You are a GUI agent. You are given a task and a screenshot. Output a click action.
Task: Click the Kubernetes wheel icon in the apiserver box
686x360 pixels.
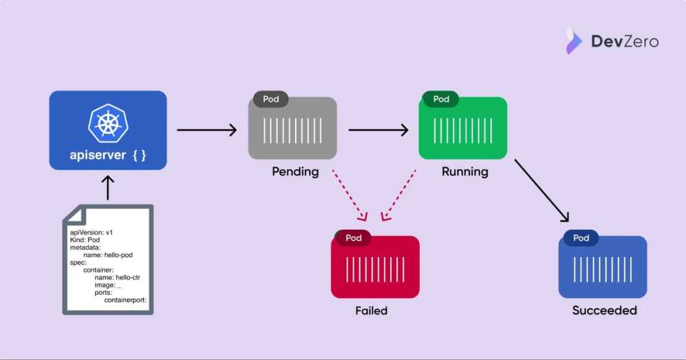(108, 123)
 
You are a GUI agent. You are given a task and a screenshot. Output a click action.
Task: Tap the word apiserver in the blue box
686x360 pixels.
(97, 156)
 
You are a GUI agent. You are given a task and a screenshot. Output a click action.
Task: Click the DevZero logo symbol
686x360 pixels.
(573, 41)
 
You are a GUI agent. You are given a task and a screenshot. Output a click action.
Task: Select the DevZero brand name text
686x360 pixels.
(624, 42)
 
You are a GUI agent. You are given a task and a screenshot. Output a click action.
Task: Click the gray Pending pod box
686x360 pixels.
(292, 129)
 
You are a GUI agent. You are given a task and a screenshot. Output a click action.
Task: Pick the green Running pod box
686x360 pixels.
(463, 129)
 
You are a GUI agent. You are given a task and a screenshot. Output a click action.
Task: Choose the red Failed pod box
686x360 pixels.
(375, 268)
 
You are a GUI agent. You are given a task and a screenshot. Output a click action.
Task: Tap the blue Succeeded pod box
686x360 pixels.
(602, 268)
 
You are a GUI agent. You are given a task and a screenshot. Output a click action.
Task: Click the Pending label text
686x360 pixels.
(295, 171)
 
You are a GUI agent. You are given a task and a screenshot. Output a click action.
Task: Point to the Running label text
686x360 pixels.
(465, 171)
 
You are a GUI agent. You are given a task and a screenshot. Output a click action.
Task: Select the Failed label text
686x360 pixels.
(371, 311)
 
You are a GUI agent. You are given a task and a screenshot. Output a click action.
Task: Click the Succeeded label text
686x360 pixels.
(604, 311)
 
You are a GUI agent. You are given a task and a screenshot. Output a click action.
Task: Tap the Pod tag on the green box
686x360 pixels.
(441, 99)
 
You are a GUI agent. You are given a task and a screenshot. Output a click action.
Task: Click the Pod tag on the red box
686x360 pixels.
(353, 238)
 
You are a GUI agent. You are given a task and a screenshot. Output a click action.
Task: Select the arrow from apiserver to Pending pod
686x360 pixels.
(206, 130)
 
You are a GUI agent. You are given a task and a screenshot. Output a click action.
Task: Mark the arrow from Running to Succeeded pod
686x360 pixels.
(542, 191)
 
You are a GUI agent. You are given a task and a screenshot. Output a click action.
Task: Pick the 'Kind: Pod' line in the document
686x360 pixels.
(85, 240)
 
